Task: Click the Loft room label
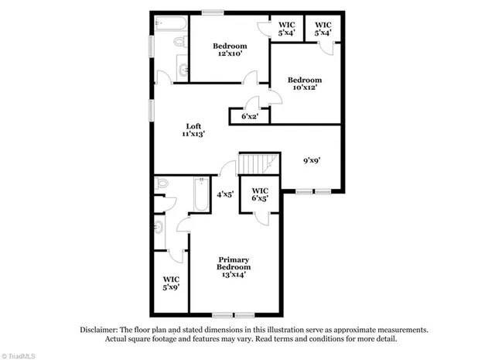(x=194, y=126)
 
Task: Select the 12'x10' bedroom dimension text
(x=230, y=54)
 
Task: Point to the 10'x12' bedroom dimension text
(x=304, y=87)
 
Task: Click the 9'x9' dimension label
(x=312, y=160)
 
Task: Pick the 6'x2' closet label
(x=249, y=116)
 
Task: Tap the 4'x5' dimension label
(x=225, y=194)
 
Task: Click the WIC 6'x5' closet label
(x=260, y=194)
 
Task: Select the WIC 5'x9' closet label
(x=171, y=283)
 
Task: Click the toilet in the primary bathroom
(x=161, y=185)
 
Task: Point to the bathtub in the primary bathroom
(x=201, y=194)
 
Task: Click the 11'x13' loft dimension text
(x=194, y=134)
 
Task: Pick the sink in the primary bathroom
(x=159, y=228)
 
